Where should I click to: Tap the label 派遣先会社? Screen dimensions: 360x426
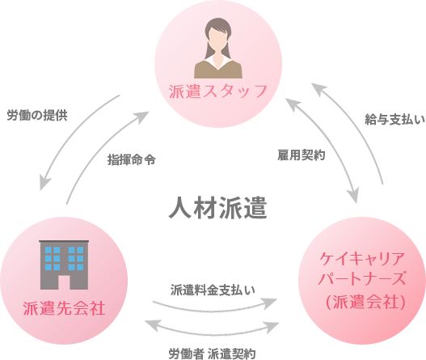tap(65, 308)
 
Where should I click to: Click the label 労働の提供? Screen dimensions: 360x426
tap(37, 115)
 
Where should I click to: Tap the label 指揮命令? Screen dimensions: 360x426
tap(131, 159)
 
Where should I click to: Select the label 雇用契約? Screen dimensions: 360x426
tap(301, 154)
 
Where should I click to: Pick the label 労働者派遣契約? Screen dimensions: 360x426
tap(213, 353)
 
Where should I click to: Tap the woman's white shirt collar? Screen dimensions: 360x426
tap(217, 60)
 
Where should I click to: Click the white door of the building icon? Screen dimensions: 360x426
tap(65, 281)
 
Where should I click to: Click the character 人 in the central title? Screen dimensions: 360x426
tap(180, 207)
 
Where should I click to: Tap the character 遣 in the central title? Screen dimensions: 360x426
tap(255, 207)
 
